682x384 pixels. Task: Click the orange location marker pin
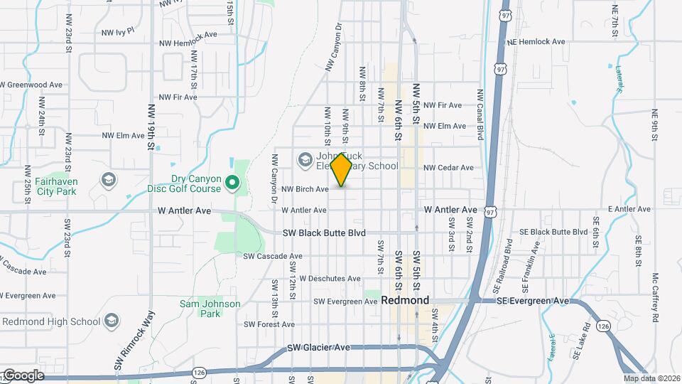point(342,170)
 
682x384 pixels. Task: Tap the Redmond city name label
point(405,300)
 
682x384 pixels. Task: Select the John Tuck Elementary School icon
point(305,159)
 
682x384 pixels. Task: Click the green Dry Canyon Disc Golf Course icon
point(232,185)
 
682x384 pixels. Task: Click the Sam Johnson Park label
point(210,309)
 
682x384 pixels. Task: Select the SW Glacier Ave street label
point(319,348)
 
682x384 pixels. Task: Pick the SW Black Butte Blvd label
point(324,233)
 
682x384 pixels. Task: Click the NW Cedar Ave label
point(448,168)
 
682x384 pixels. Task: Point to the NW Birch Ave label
point(305,189)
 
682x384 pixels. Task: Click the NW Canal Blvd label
point(480,114)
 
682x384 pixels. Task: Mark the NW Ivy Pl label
point(117,32)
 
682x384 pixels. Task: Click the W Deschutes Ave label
point(330,278)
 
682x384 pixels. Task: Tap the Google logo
point(23,375)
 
